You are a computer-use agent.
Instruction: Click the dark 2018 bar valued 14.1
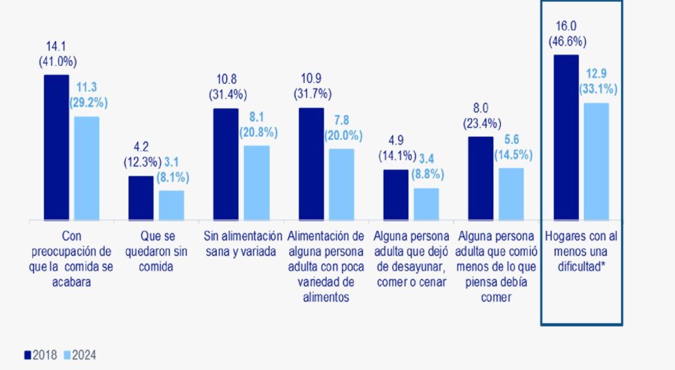coord(56,147)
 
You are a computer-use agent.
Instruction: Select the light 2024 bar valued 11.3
coord(86,168)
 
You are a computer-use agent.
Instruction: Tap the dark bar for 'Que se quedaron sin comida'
coord(141,198)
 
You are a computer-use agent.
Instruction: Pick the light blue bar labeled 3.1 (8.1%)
coord(171,205)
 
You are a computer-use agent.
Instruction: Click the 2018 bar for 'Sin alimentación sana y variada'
coord(226,164)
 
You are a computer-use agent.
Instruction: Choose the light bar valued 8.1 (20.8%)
coord(257,182)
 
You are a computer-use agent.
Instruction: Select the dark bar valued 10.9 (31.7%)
coord(311,163)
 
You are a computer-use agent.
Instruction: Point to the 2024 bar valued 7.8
coord(341,184)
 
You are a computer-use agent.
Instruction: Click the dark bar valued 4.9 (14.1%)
coord(396,194)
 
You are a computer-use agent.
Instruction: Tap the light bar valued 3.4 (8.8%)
coord(426,203)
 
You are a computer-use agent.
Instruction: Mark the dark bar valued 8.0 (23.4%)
coord(481,178)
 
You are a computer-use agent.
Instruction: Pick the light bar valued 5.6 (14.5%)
coord(512,194)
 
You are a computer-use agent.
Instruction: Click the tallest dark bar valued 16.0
coord(566,137)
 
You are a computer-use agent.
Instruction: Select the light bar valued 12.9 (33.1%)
coord(597,161)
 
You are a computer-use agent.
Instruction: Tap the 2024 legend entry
coord(80,355)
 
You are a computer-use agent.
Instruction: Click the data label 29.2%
coord(88,103)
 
